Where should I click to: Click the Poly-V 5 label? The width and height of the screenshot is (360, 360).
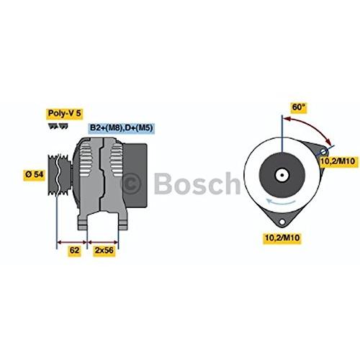pos(65,113)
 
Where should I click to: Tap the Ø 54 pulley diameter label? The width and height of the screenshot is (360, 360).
pos(35,174)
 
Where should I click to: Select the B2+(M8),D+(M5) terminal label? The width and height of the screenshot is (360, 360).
pos(122,128)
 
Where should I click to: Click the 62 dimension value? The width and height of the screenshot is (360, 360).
pos(74,251)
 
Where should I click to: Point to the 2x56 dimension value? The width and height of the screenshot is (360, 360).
pos(104,251)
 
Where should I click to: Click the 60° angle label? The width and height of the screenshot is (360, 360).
pos(298,107)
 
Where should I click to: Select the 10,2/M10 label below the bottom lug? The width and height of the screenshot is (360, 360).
pos(282,238)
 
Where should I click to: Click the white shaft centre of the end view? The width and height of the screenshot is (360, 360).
pos(282,175)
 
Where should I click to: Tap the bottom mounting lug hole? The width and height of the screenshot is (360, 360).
pos(282,222)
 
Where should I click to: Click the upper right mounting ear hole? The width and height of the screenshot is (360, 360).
pos(324,152)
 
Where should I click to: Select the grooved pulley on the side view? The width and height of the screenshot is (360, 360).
pos(60,175)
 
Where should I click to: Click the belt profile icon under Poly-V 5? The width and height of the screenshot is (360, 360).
pos(58,127)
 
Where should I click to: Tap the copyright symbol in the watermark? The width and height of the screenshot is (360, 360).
pos(130,183)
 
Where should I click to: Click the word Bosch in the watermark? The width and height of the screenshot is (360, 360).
pos(197,183)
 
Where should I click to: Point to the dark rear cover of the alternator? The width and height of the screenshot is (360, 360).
pos(135,175)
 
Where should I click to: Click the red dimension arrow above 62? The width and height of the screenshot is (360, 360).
pos(72,242)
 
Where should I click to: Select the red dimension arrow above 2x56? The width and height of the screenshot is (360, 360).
pos(103,242)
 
